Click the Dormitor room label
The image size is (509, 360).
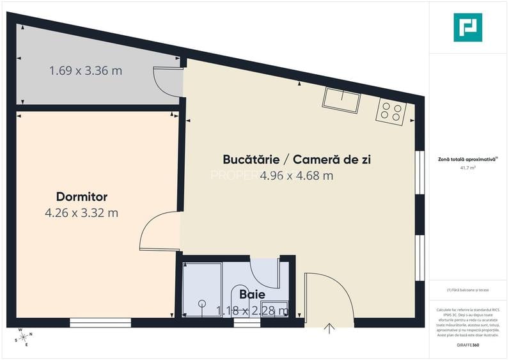coord(81,196)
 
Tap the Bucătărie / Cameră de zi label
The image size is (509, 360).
coord(297,159)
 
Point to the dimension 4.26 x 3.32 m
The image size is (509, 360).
coord(81,213)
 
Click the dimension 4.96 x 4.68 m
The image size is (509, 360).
coord(297,175)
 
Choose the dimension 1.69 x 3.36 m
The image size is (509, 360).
coord(86,70)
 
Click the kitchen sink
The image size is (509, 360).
coord(341,99)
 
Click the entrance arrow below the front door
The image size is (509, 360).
coord(329,329)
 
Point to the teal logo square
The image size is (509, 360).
coord(467,27)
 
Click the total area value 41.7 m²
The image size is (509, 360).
coord(468,168)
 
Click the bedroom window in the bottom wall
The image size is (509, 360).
coord(100,322)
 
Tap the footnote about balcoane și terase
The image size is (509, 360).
coord(468,290)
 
